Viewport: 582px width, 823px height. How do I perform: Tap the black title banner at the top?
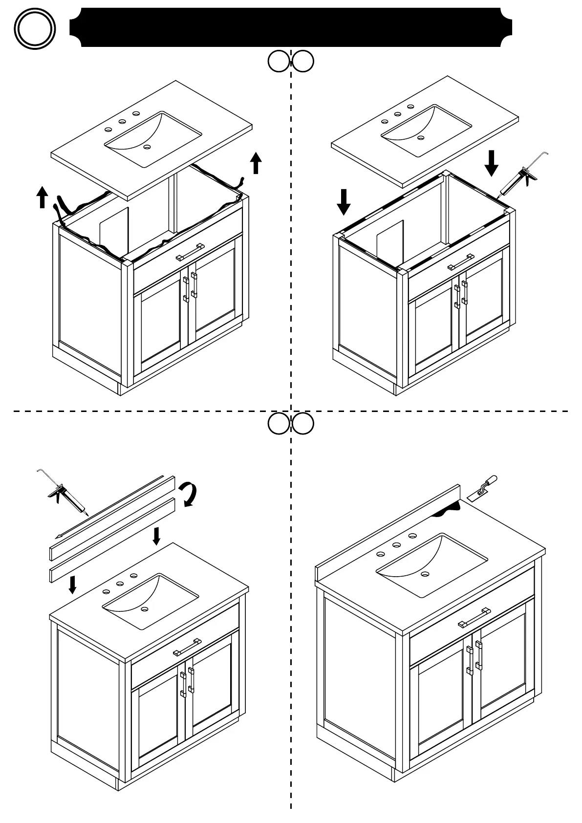point(291,27)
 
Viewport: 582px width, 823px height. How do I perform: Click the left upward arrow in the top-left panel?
point(43,196)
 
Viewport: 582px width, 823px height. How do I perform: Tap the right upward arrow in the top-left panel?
point(256,163)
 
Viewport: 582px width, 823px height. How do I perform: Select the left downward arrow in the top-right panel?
point(344,202)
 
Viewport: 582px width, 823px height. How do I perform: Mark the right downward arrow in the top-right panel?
point(492,163)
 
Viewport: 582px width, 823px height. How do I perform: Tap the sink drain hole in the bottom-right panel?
point(425,574)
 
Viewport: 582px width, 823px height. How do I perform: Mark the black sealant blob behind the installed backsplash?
point(448,510)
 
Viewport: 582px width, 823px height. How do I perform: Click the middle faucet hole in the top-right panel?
point(398,114)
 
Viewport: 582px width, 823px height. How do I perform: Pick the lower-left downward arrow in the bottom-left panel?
point(73,584)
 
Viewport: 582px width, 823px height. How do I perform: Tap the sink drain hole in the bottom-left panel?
point(145,609)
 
